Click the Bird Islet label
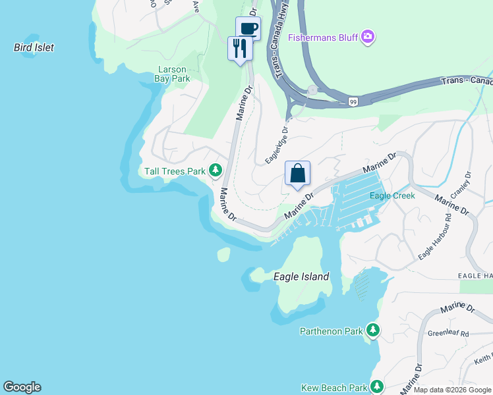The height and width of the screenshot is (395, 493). pos(34,47)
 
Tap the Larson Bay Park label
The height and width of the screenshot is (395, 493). pos(173,74)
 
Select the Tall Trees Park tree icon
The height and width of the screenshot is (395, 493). pos(215,171)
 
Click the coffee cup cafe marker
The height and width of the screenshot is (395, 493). pos(248,28)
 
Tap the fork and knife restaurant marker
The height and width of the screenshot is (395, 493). pos(240,48)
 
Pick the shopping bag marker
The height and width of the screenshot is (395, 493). pos(298,173)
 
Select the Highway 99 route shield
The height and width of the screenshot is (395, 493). pos(353,101)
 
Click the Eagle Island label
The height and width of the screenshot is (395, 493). pos(301,277)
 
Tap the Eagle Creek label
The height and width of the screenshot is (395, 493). pos(392,196)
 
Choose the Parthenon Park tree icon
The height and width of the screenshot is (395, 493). pos(373,330)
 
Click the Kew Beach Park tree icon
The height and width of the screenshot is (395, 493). pos(377,387)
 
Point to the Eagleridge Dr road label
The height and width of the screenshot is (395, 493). pos(277,145)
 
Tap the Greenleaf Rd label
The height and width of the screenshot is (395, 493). pos(448,334)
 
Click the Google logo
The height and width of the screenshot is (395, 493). pos(22,387)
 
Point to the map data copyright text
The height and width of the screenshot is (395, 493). pos(451,390)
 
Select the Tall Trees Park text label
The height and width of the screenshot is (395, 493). pos(175,172)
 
